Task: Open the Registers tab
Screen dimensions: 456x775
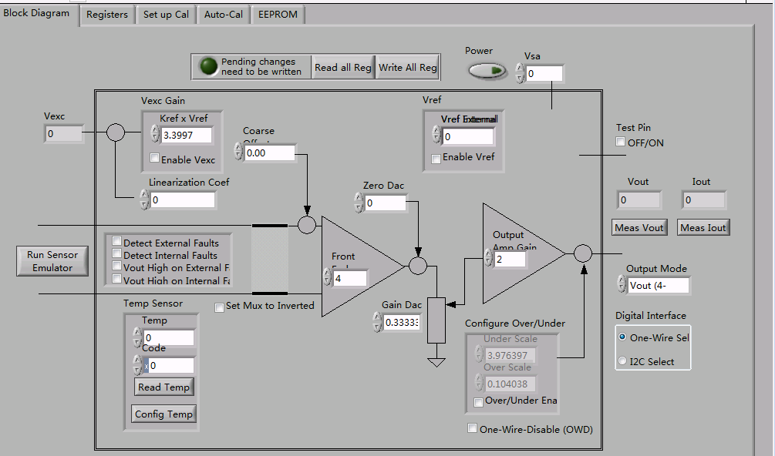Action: click(107, 15)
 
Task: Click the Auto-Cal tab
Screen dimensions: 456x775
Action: click(223, 15)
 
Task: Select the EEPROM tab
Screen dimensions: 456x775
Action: click(278, 15)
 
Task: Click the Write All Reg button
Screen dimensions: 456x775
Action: click(408, 68)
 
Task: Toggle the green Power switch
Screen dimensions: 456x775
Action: click(487, 72)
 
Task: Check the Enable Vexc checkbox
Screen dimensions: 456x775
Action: click(155, 159)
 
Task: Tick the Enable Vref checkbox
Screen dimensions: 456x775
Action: click(436, 158)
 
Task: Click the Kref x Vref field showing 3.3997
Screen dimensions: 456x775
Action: click(187, 136)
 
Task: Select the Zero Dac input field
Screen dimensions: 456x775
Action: click(385, 203)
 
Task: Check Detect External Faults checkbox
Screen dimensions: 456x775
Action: click(117, 242)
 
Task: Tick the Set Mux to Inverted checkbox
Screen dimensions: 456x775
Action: click(220, 307)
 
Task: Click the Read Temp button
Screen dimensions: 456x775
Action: click(164, 387)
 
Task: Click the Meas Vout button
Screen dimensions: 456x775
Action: click(639, 227)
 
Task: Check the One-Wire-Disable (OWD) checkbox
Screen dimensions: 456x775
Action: click(473, 428)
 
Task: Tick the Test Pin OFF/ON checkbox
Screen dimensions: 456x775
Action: click(621, 142)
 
